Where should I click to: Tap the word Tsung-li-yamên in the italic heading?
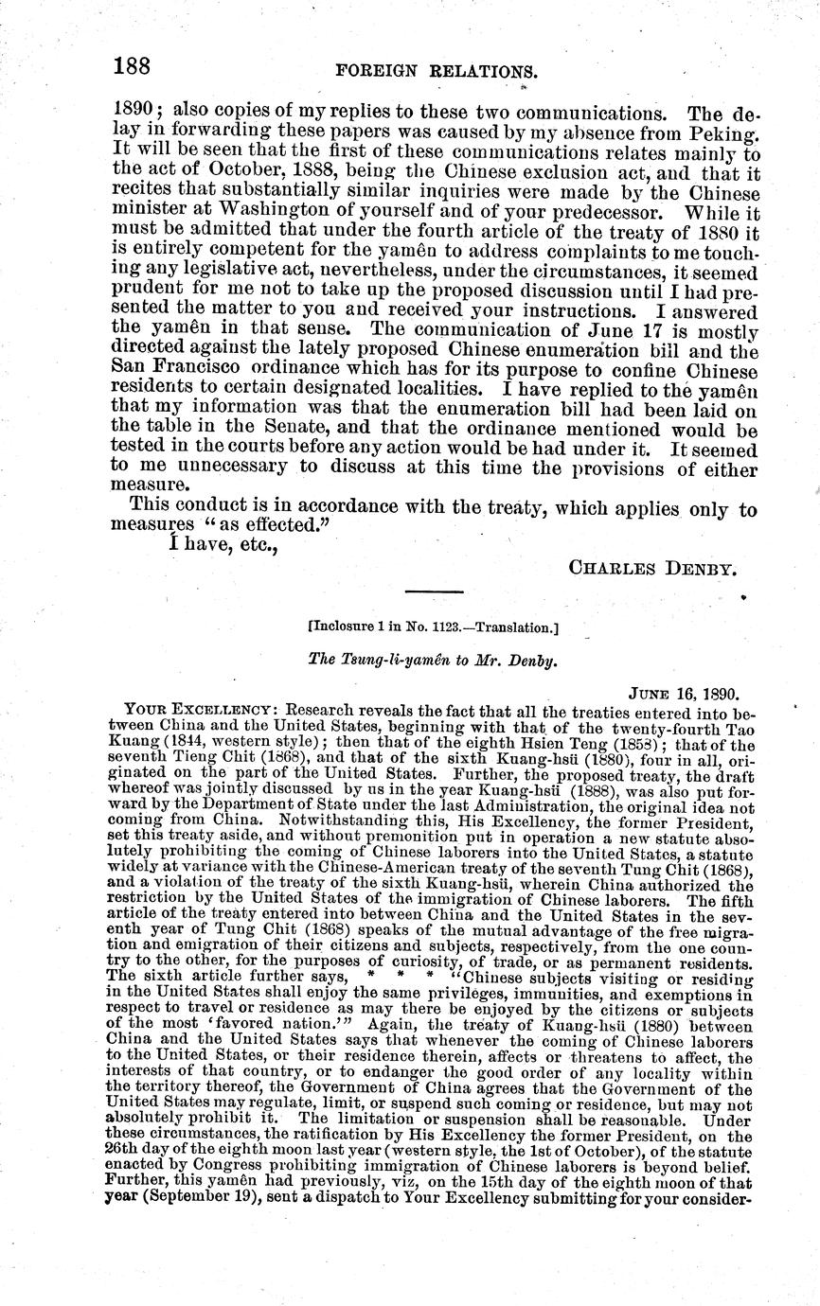pos(390,661)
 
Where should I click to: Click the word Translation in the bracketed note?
pos(518,627)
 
